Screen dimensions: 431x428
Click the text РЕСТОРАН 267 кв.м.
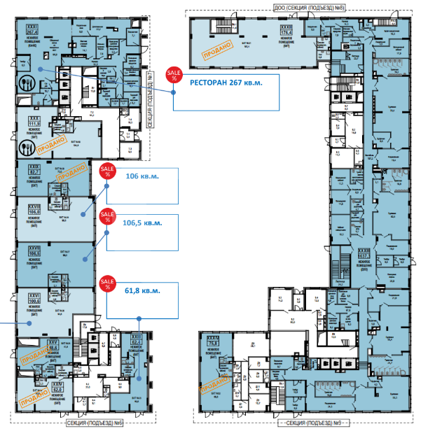coord(226,83)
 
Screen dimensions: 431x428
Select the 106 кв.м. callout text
coord(142,176)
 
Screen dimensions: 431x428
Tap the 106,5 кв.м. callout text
coord(143,223)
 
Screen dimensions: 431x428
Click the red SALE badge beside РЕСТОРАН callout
coord(172,76)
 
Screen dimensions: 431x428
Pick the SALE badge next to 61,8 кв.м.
coord(107,283)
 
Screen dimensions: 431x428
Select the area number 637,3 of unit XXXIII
coord(364,256)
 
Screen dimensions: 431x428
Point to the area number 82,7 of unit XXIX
coord(32,170)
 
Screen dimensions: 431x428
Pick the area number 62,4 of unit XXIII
coord(136,341)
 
